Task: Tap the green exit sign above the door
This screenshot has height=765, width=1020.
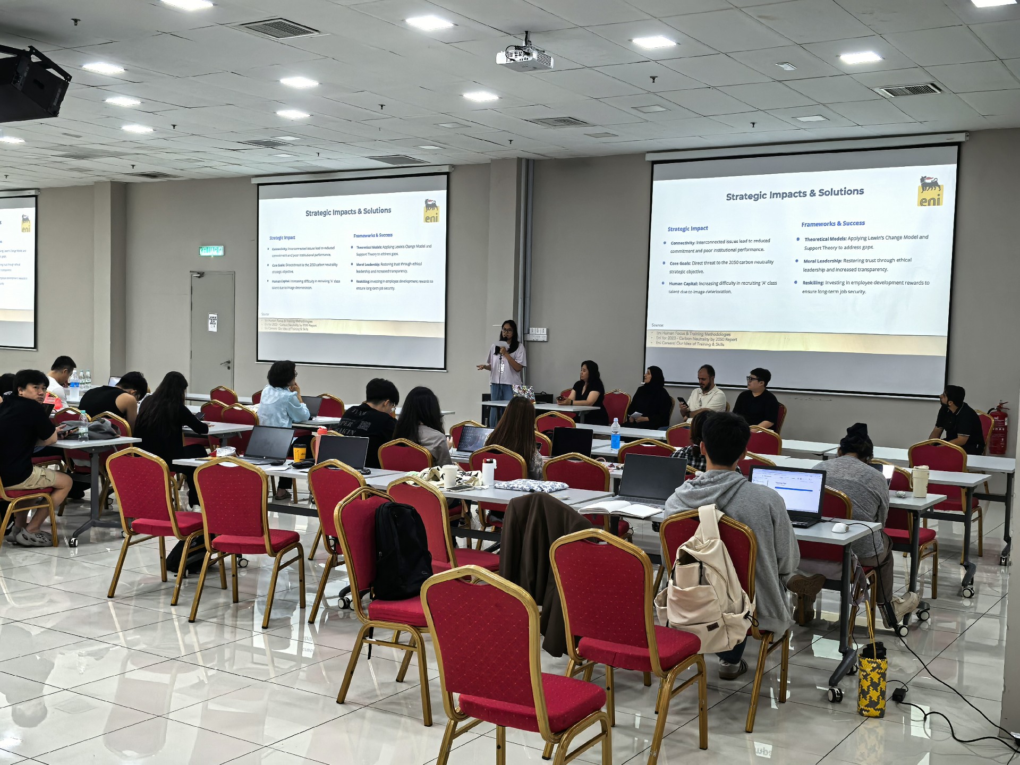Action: coord(211,251)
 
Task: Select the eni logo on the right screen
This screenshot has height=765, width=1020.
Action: coord(930,191)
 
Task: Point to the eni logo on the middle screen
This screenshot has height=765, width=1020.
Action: coord(431,211)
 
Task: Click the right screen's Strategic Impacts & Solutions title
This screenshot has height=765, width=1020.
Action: coord(795,194)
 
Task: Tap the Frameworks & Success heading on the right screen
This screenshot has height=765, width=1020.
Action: coord(833,224)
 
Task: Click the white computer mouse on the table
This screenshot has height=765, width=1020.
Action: coord(839,528)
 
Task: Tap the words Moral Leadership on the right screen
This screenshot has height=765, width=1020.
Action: coord(822,261)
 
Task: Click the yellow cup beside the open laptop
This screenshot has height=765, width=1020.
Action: coord(300,452)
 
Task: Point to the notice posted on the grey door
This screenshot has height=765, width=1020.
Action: coord(212,322)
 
